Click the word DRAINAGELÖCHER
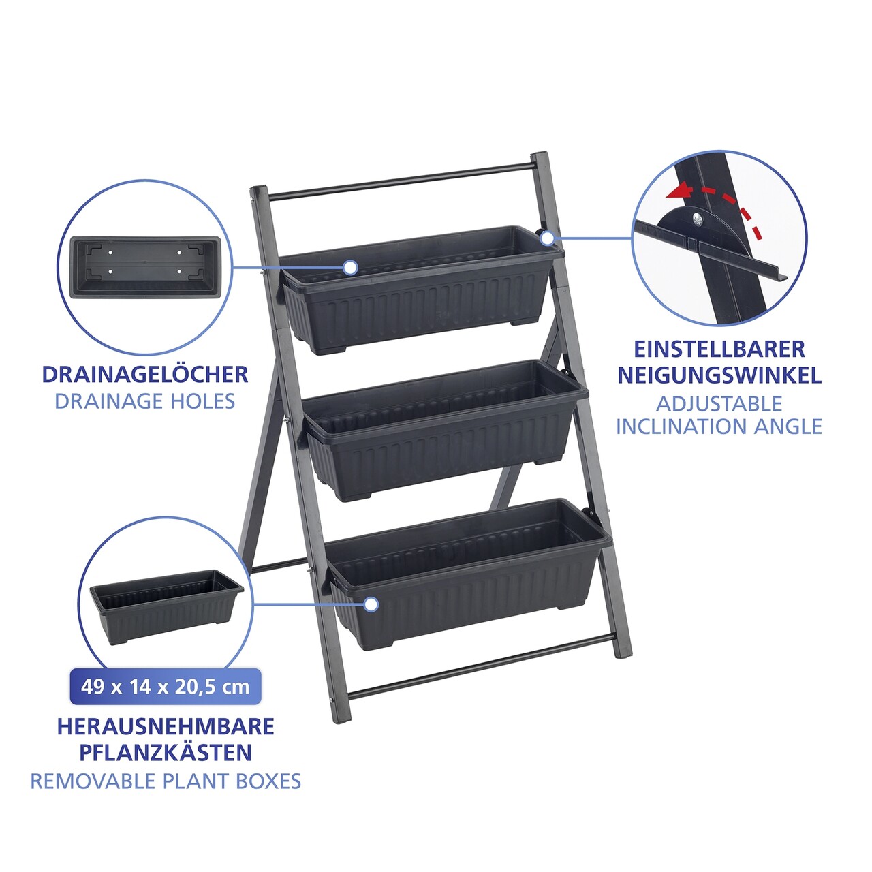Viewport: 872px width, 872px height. click(x=145, y=375)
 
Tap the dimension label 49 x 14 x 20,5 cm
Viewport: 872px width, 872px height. click(x=166, y=687)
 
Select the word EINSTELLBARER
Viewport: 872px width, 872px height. click(x=719, y=349)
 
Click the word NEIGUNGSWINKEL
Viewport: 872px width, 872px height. click(x=719, y=375)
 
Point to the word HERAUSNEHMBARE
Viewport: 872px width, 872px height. click(x=166, y=727)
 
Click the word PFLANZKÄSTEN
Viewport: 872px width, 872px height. click(x=166, y=753)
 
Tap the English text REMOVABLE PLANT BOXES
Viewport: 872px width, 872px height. click(x=166, y=781)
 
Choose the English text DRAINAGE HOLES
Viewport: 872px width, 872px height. click(x=145, y=401)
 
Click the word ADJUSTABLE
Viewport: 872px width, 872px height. click(x=719, y=404)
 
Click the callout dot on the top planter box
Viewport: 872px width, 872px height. click(x=349, y=268)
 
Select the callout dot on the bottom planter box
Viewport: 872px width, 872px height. click(x=371, y=604)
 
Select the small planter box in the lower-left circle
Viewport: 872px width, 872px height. click(x=167, y=606)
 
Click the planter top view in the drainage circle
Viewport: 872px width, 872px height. click(x=145, y=268)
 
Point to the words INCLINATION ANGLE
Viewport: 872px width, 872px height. click(x=719, y=426)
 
